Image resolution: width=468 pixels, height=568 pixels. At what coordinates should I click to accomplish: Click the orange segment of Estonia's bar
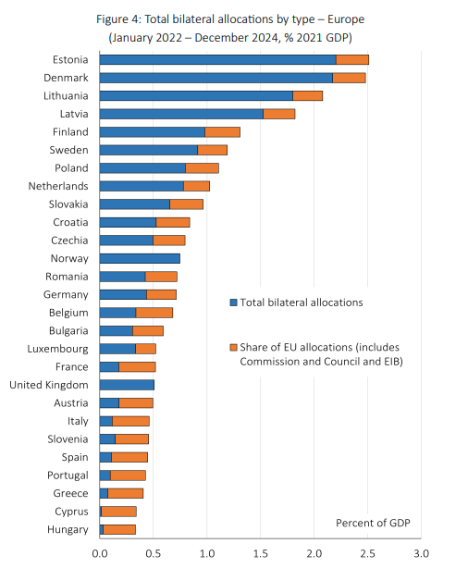pyautogui.click(x=352, y=60)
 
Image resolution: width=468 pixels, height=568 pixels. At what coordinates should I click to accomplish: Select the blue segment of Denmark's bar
pyautogui.click(x=216, y=78)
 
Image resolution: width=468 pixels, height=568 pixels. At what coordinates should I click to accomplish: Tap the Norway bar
pyautogui.click(x=140, y=259)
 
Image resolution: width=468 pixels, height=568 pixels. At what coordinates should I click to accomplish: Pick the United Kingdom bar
pyautogui.click(x=127, y=385)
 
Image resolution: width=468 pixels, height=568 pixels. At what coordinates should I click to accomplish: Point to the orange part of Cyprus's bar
pyautogui.click(x=118, y=512)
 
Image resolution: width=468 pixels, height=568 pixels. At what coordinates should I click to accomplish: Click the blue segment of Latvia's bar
pyautogui.click(x=181, y=114)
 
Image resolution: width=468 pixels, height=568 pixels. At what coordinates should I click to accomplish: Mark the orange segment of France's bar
pyautogui.click(x=137, y=367)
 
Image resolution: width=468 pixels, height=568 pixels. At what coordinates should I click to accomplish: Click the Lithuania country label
pyautogui.click(x=66, y=95)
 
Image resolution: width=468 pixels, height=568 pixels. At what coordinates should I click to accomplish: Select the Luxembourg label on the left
pyautogui.click(x=57, y=349)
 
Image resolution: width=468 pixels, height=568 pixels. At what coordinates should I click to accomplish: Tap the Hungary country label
pyautogui.click(x=68, y=529)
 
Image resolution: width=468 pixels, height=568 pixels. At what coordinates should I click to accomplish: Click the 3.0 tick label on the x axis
pyautogui.click(x=421, y=553)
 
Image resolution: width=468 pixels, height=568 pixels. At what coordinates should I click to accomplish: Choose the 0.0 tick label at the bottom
pyautogui.click(x=100, y=553)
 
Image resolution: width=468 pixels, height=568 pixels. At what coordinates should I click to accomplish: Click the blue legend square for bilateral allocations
pyautogui.click(x=234, y=303)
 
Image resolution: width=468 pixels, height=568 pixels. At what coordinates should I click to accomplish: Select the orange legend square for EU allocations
pyautogui.click(x=234, y=348)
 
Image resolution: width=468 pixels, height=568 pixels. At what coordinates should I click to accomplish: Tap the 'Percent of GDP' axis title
pyautogui.click(x=373, y=523)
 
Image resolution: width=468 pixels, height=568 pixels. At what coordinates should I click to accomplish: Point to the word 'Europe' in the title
pyautogui.click(x=346, y=19)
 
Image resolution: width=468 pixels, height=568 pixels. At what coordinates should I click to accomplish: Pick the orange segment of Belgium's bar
pyautogui.click(x=154, y=313)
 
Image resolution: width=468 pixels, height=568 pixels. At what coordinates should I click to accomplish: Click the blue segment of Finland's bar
pyautogui.click(x=153, y=132)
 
